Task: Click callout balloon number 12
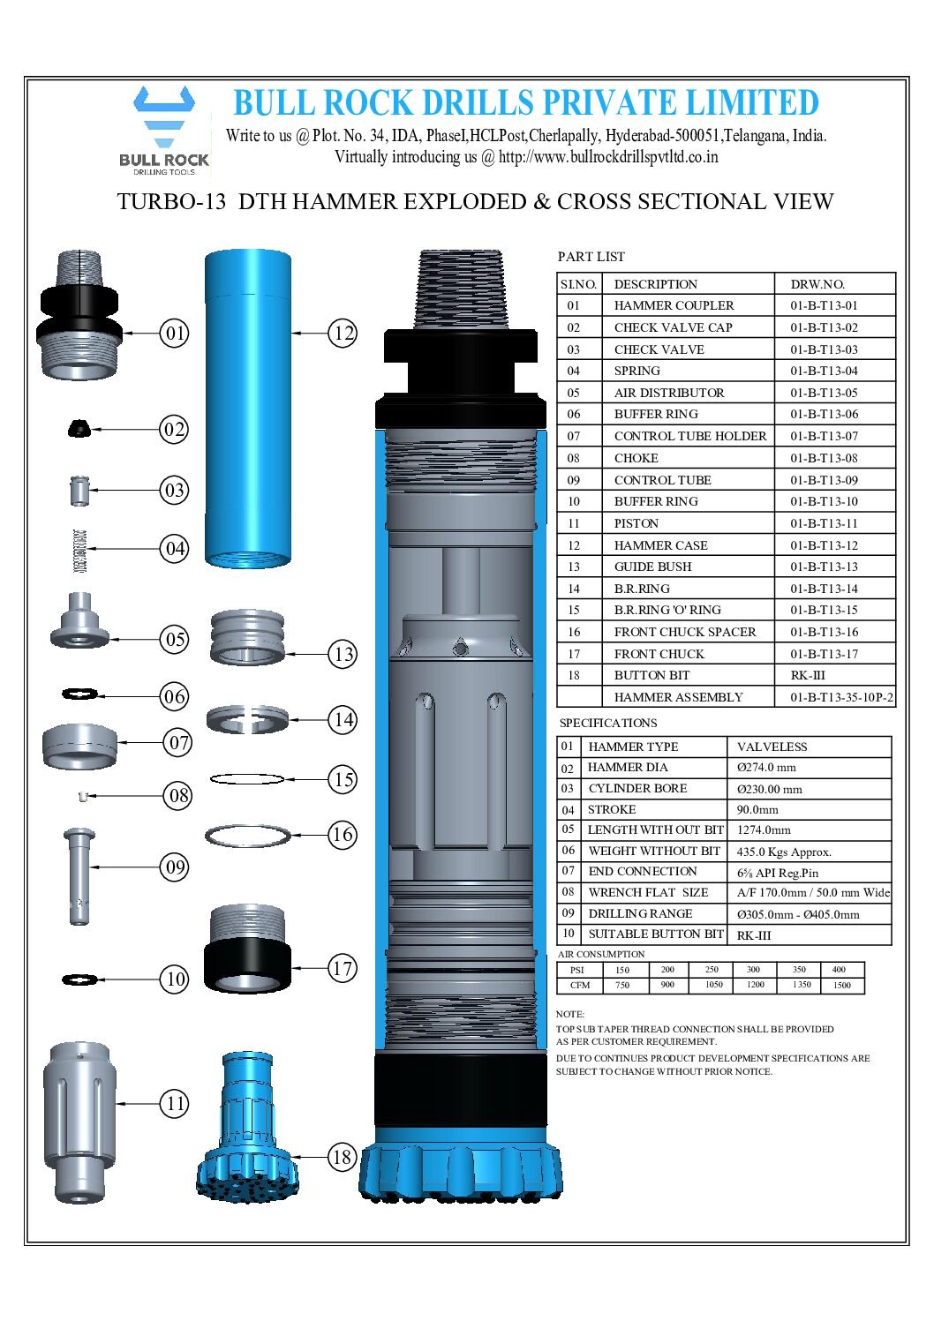pos(343,334)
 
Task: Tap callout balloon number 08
pos(178,796)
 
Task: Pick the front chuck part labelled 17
pos(248,949)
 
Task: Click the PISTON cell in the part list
pos(636,523)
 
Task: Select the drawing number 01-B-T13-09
pos(823,480)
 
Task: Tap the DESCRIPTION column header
pos(655,284)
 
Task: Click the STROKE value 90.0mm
pos(757,809)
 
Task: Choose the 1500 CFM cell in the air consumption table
pos(841,985)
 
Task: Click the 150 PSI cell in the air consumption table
pos(622,970)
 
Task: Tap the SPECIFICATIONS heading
pos(608,723)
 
